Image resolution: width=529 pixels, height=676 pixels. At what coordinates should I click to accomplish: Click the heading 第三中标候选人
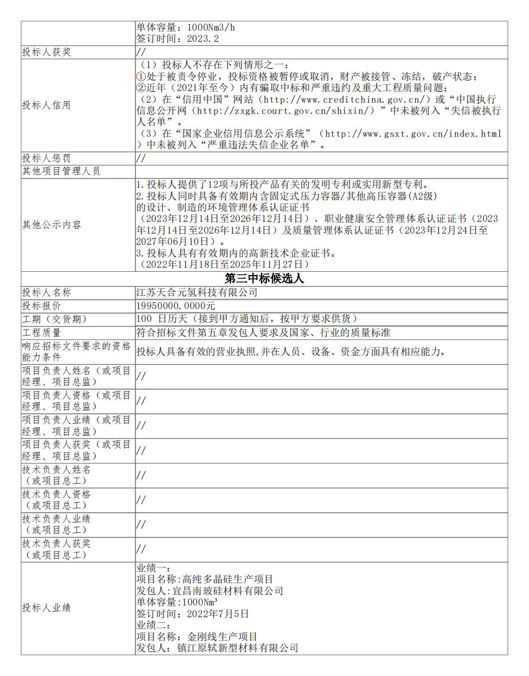pyautogui.click(x=264, y=278)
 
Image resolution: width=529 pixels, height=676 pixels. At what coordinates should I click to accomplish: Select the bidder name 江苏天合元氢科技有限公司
pyautogui.click(x=196, y=292)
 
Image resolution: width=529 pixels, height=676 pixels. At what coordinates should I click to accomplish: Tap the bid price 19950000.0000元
pyautogui.click(x=176, y=306)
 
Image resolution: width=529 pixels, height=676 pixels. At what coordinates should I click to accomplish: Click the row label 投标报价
pyautogui.click(x=41, y=306)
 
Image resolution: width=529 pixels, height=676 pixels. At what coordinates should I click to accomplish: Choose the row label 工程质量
pyautogui.click(x=41, y=333)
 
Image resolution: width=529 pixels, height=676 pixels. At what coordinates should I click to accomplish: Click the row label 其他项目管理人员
pyautogui.click(x=61, y=172)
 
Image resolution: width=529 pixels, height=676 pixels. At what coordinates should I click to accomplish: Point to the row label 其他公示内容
pyautogui.click(x=52, y=225)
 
